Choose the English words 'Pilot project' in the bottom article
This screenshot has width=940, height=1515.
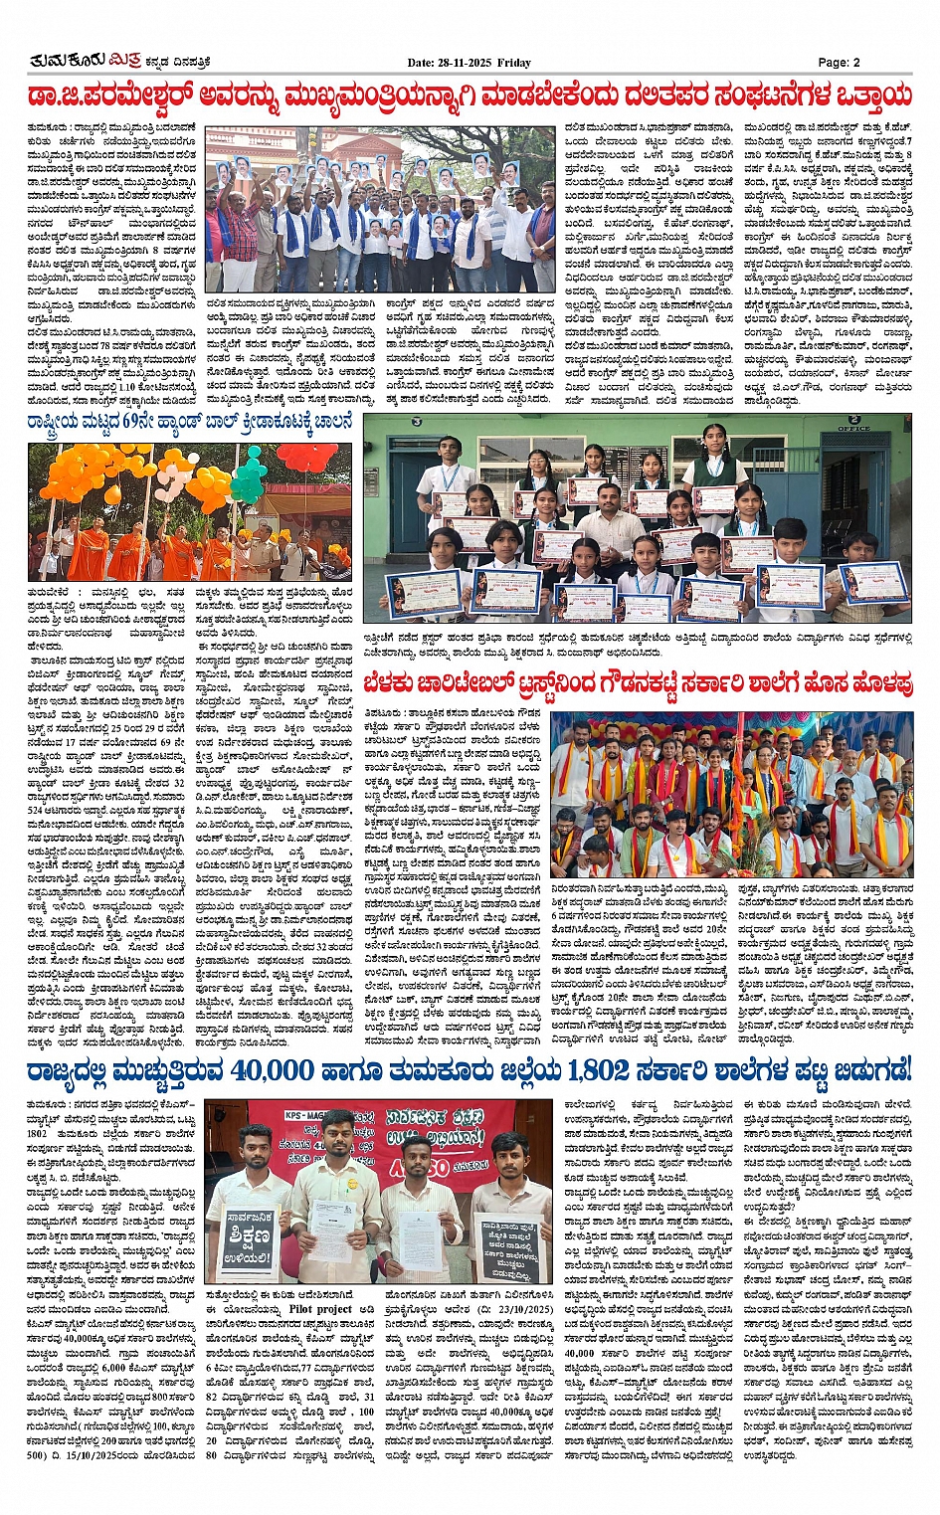click(x=321, y=1310)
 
